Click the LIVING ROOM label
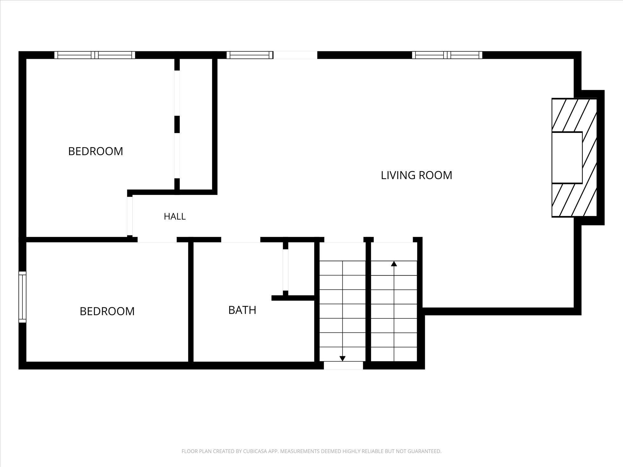[416, 175]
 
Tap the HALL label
[175, 216]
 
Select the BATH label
[242, 310]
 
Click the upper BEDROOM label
[96, 151]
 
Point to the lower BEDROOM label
[107, 311]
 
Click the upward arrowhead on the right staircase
[394, 264]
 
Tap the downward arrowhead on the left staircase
[343, 358]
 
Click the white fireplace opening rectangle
[567, 158]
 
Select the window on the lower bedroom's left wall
[22, 297]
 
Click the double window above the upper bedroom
[95, 55]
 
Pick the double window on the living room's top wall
[447, 55]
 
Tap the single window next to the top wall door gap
[249, 55]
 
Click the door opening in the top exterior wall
[295, 55]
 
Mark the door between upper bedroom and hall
[130, 216]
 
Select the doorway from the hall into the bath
[241, 240]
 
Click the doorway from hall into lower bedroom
[157, 240]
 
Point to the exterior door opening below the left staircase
[343, 366]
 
